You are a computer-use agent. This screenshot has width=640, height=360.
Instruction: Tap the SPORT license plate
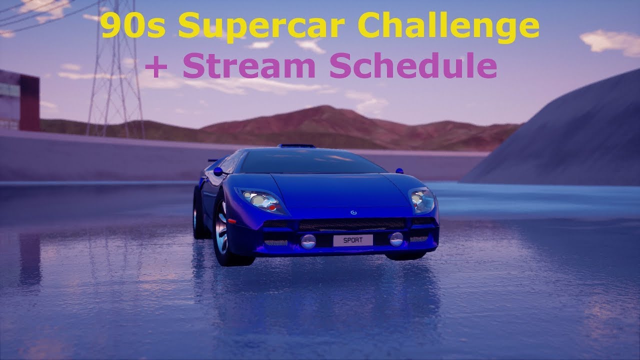coord(352,240)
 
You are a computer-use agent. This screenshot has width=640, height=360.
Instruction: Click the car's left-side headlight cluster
coord(260,200)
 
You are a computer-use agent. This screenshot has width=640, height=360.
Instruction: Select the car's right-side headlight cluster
coord(421,199)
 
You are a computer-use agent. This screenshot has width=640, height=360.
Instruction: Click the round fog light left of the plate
coord(308,241)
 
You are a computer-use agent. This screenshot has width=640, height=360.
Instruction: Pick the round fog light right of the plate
coord(396,239)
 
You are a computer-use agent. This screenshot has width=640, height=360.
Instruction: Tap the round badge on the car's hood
coord(354,212)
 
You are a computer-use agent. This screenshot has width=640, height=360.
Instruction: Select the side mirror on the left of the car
coord(218,171)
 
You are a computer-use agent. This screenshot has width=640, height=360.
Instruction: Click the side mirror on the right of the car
coord(399,170)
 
